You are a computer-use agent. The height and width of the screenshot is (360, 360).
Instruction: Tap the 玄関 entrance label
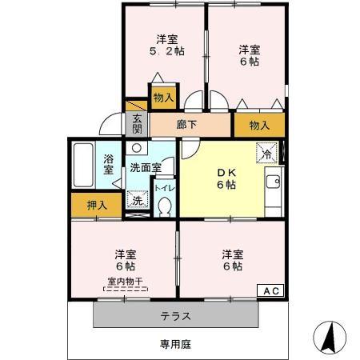[137, 123]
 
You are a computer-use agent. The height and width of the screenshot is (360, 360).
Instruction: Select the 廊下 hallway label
[186, 124]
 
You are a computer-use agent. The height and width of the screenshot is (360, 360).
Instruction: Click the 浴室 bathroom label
[108, 163]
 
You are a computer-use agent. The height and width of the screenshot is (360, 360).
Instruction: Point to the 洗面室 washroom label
[146, 168]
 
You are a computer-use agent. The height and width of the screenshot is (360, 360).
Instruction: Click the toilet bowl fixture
[165, 206]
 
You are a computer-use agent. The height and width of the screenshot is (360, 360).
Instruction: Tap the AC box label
[269, 291]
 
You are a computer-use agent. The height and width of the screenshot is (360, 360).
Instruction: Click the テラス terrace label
[175, 315]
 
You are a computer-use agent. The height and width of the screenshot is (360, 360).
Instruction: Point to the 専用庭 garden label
[175, 345]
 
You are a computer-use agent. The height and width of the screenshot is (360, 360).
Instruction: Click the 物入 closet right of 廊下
[259, 125]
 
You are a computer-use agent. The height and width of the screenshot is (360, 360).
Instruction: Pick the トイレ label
[163, 188]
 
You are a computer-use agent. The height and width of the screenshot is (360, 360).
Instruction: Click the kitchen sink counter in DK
[272, 186]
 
